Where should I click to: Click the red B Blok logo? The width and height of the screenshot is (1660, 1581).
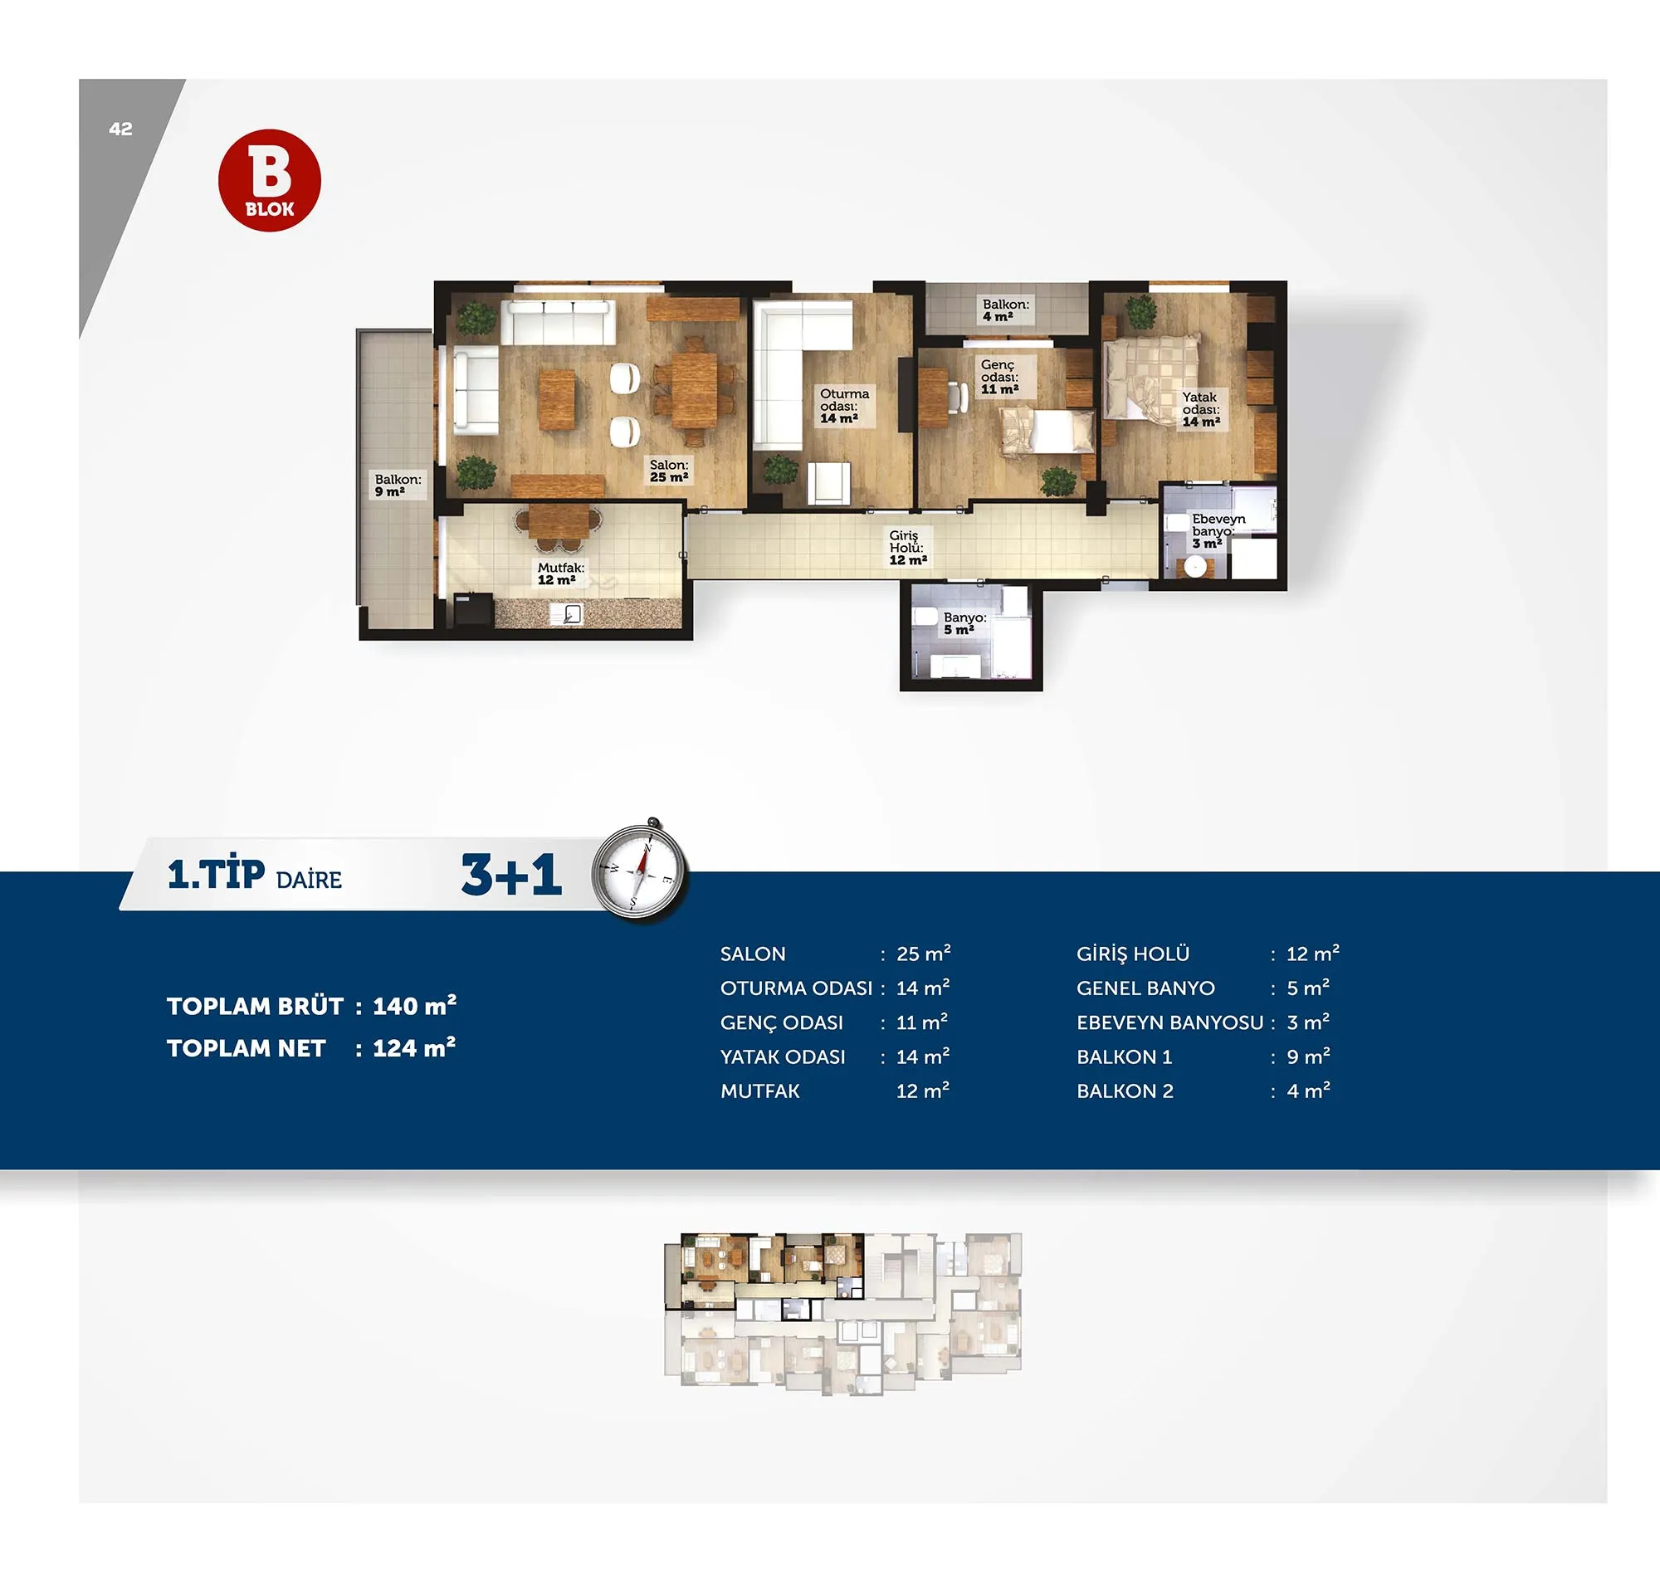pos(270,180)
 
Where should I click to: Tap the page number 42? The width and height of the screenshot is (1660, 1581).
pos(120,129)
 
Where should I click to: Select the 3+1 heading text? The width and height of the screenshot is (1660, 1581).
pos(510,874)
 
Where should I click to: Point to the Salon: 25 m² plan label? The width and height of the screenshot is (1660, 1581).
pos(669,471)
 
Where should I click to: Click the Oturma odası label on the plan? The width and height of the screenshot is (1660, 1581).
pos(844,406)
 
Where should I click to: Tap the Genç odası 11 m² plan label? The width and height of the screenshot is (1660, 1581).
pos(999,377)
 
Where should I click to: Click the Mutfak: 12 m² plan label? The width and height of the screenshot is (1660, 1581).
pos(560,574)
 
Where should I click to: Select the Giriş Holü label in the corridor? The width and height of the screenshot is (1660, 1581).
pos(907,547)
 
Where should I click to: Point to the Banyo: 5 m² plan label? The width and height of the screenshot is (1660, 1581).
pos(964,623)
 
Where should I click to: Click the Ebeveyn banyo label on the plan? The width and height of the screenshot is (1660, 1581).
pos(1218,531)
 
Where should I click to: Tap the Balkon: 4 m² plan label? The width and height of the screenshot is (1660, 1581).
pos(1005,310)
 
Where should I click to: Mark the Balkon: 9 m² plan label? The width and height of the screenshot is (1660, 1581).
pos(398,486)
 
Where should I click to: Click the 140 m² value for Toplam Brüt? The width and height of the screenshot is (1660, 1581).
pos(414,1004)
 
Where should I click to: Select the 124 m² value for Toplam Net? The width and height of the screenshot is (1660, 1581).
pos(413,1047)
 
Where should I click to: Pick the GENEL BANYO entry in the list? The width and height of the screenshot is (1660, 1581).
pos(1145,988)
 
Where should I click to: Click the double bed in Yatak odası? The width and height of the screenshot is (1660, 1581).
pos(1152,376)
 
